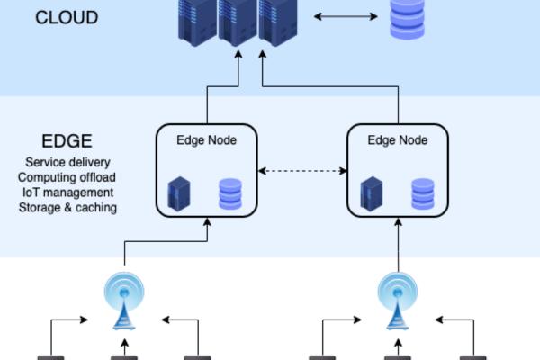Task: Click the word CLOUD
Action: (67, 17)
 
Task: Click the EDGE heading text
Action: (67, 142)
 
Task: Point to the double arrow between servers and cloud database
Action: (345, 16)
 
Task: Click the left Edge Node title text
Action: (207, 140)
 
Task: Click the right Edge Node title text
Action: (398, 140)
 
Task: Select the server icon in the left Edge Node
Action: (179, 193)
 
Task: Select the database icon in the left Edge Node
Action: (230, 193)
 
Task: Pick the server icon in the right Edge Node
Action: (371, 193)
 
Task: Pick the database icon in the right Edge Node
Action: (422, 193)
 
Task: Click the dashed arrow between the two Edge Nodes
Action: (302, 171)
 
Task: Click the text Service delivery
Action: (67, 163)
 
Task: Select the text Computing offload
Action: (67, 177)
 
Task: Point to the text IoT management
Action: (67, 193)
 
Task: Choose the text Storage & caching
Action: (67, 207)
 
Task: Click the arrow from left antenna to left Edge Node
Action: (166, 241)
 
